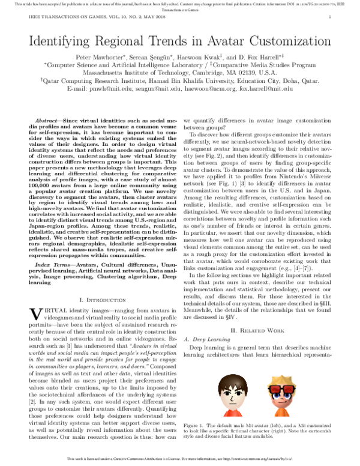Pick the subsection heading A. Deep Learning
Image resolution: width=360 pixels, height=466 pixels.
[206, 323]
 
